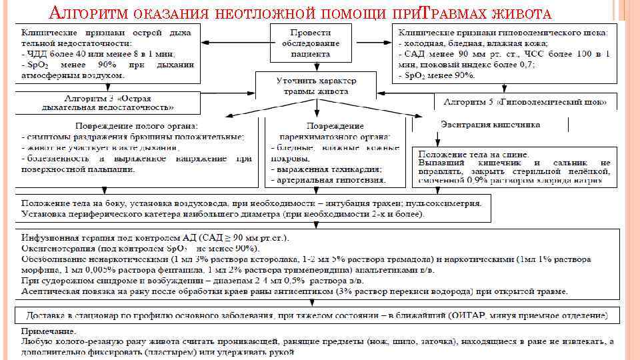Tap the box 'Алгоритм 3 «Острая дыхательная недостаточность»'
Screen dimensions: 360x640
pyautogui.click(x=107, y=102)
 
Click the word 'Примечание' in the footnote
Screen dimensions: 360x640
pyautogui.click(x=48, y=331)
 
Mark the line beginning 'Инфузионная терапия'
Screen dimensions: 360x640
pyautogui.click(x=160, y=237)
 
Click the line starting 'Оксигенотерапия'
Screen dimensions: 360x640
pyautogui.click(x=140, y=247)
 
